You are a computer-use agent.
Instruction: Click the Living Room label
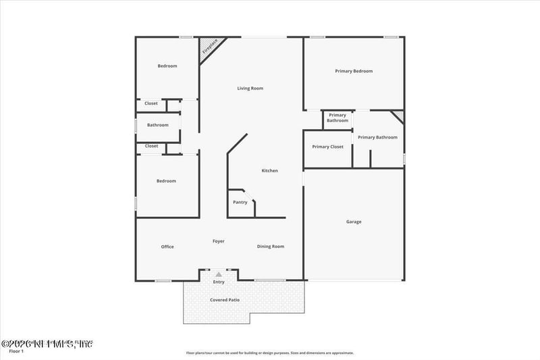point(250,88)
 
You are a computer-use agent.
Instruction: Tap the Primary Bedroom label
point(354,71)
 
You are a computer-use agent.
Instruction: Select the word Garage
point(354,222)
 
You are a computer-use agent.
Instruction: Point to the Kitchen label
point(269,171)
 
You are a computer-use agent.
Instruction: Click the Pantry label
point(240,202)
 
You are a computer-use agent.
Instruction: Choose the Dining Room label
point(270,247)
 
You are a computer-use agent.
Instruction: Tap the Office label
point(167,247)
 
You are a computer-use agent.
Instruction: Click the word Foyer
point(219,241)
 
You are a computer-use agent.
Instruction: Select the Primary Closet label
point(327,147)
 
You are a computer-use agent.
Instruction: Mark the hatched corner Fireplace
point(210,47)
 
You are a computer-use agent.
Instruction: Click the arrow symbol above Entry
point(219,274)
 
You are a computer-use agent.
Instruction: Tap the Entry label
point(219,282)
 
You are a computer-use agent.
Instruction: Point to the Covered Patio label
point(225,300)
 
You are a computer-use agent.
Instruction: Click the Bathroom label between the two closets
point(158,125)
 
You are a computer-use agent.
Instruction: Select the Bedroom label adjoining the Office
point(167,181)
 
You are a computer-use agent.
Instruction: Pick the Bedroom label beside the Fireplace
point(167,66)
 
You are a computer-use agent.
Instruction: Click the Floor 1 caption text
point(16,351)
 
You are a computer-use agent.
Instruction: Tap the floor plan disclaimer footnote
point(278,353)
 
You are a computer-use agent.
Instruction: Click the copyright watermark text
point(47,344)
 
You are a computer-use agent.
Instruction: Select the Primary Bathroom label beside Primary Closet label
point(377,138)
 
